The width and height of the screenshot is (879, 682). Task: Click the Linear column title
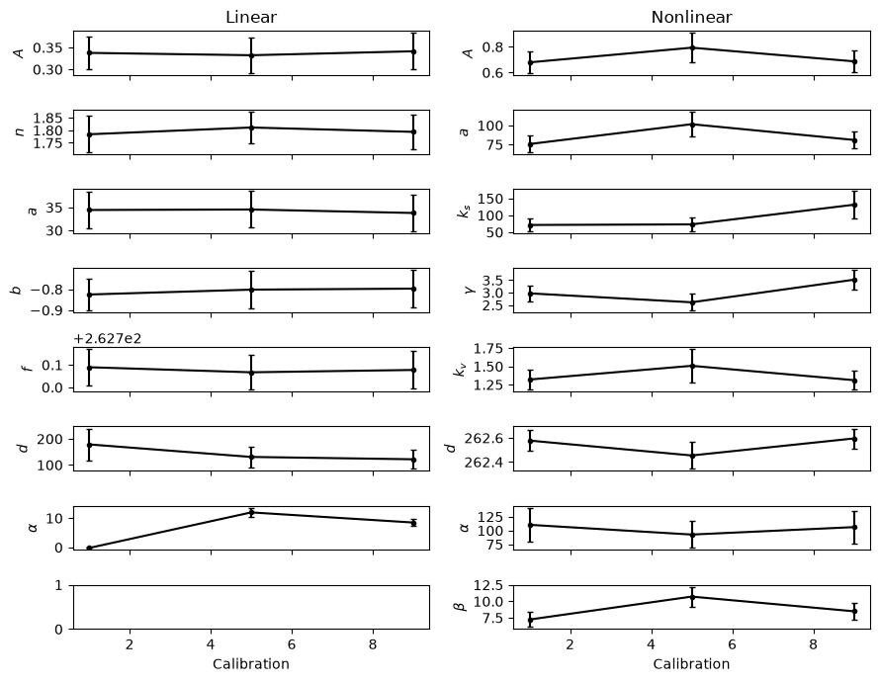pyautogui.click(x=251, y=17)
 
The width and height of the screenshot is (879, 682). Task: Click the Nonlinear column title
pyautogui.click(x=691, y=17)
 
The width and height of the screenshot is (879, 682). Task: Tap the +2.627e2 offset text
pyautogui.click(x=107, y=338)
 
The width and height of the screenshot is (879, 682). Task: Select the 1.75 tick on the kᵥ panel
pyautogui.click(x=488, y=349)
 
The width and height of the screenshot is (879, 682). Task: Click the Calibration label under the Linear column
pyautogui.click(x=251, y=664)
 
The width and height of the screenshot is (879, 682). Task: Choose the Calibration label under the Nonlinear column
pyautogui.click(x=691, y=664)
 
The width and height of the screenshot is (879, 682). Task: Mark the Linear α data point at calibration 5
pyautogui.click(x=252, y=513)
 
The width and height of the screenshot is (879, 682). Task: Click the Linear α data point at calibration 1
pyautogui.click(x=89, y=548)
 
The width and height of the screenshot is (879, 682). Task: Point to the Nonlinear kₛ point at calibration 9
pyautogui.click(x=854, y=206)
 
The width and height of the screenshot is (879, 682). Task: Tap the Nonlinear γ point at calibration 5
pyautogui.click(x=692, y=302)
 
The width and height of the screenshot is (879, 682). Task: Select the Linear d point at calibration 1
pyautogui.click(x=89, y=445)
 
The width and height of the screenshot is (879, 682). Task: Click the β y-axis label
pyautogui.click(x=463, y=606)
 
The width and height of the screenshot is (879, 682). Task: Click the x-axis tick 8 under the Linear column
pyautogui.click(x=374, y=645)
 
